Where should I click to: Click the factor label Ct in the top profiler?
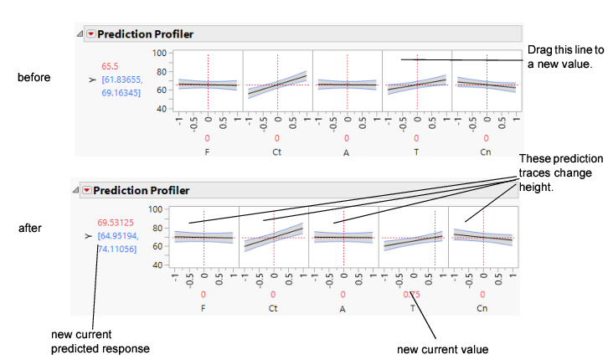277,153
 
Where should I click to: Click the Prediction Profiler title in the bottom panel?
145,190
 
